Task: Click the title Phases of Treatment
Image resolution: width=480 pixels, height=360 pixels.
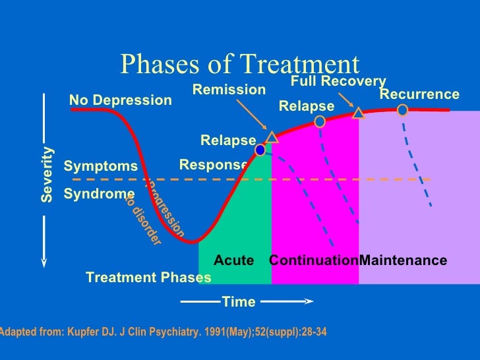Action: click(x=240, y=64)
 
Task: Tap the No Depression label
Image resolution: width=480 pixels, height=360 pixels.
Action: click(x=120, y=100)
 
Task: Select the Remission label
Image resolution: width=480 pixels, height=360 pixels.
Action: click(x=229, y=90)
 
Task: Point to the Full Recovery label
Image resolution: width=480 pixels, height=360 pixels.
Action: click(x=338, y=81)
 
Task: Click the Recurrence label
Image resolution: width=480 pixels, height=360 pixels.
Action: click(x=419, y=94)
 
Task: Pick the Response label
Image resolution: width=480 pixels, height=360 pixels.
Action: click(x=213, y=165)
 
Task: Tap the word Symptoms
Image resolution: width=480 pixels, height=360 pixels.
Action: click(x=101, y=166)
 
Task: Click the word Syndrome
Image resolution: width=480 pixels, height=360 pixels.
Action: click(x=99, y=194)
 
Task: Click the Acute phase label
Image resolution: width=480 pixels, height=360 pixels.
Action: click(x=233, y=260)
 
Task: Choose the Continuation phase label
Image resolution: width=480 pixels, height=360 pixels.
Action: click(x=313, y=260)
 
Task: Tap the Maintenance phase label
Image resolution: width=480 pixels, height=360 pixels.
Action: click(x=403, y=260)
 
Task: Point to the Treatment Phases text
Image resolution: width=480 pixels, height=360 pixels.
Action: click(x=148, y=278)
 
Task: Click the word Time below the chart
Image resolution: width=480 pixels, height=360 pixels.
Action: click(x=239, y=302)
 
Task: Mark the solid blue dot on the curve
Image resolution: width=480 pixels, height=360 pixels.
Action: click(x=260, y=150)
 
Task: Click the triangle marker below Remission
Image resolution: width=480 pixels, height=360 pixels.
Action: click(x=272, y=136)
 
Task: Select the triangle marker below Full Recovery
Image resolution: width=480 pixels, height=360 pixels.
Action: click(x=359, y=113)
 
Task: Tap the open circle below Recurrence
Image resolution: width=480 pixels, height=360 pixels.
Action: click(x=402, y=110)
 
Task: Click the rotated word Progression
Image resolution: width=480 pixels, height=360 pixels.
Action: click(x=165, y=210)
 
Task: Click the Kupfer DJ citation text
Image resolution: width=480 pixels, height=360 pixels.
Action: click(x=162, y=332)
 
